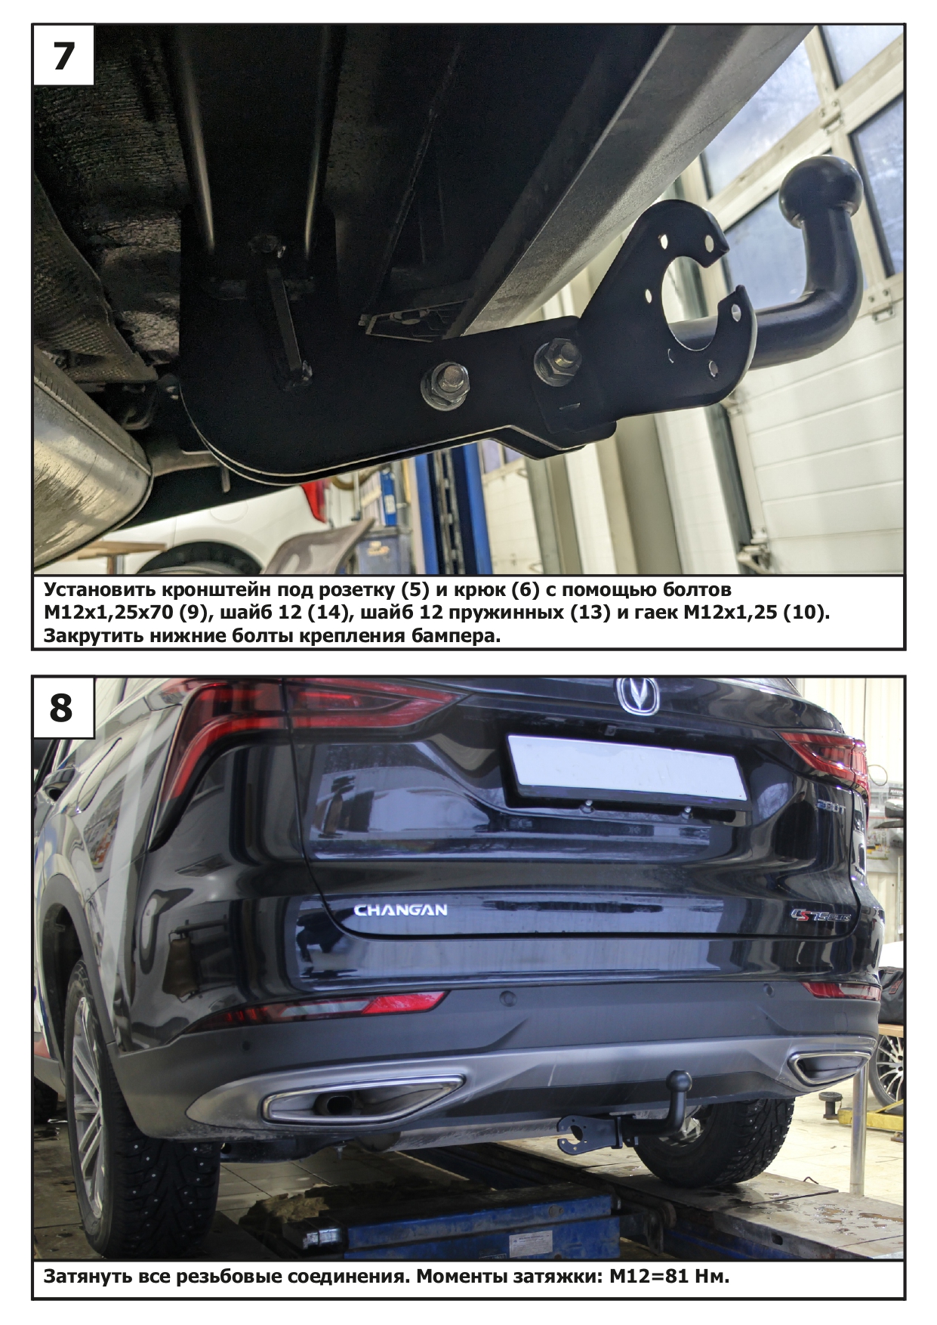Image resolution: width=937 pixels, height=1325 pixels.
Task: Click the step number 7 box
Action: click(62, 55)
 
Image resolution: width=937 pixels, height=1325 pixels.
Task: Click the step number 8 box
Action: click(62, 707)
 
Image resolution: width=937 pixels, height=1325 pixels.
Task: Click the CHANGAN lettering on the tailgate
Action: click(401, 910)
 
